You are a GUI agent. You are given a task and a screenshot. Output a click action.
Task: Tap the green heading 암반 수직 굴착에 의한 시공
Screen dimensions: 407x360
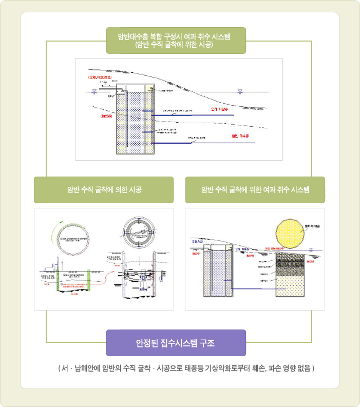(104, 190)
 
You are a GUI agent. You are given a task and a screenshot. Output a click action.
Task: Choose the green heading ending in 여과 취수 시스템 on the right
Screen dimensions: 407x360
(255, 190)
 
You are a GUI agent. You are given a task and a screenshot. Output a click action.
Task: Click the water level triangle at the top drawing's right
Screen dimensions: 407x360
(240, 91)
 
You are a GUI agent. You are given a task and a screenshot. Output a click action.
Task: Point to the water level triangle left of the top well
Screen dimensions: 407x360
(93, 91)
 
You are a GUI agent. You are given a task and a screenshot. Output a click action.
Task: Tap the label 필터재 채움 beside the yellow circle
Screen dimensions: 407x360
(315, 226)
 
